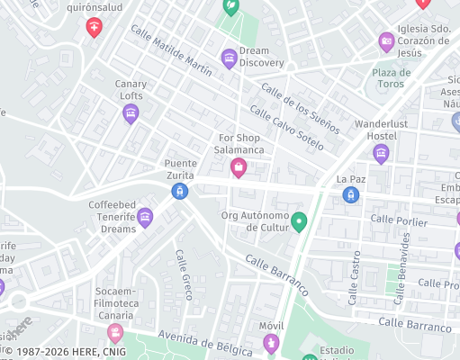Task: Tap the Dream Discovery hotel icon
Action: pos(230,59)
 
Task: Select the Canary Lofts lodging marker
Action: pos(131,113)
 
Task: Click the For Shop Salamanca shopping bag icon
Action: pos(239,167)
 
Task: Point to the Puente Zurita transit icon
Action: pos(180,191)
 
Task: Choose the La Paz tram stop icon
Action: pos(351,194)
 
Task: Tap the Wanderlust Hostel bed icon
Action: pos(381,154)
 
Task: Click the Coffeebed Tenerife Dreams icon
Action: pos(145,217)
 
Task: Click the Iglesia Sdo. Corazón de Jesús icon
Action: pos(386,40)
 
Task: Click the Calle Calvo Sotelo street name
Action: pos(286,128)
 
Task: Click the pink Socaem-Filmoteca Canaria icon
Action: pos(114,333)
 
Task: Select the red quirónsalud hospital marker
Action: pos(94,28)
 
